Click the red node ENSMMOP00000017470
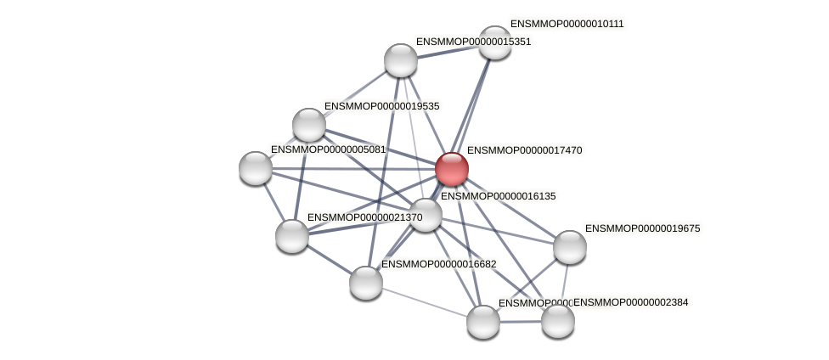pyautogui.click(x=452, y=169)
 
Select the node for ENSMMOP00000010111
pyautogui.click(x=495, y=42)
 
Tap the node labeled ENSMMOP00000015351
pyautogui.click(x=401, y=60)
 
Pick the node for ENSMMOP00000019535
pyautogui.click(x=309, y=125)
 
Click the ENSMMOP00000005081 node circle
pyautogui.click(x=256, y=168)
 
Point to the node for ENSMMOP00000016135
pyautogui.click(x=426, y=215)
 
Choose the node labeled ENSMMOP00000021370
pyautogui.click(x=292, y=236)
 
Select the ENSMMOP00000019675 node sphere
pyautogui.click(x=570, y=247)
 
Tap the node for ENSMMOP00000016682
pyautogui.click(x=366, y=283)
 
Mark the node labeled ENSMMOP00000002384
pyautogui.click(x=558, y=321)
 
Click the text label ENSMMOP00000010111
pyautogui.click(x=567, y=24)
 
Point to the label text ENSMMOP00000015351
pyautogui.click(x=473, y=42)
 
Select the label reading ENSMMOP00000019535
pyautogui.click(x=381, y=106)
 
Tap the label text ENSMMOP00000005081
pyautogui.click(x=328, y=149)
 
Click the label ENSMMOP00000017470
pyautogui.click(x=524, y=150)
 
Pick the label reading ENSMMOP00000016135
pyautogui.click(x=498, y=196)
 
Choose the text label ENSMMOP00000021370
pyautogui.click(x=364, y=217)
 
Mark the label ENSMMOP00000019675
pyautogui.click(x=642, y=228)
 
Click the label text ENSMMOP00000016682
pyautogui.click(x=438, y=264)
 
